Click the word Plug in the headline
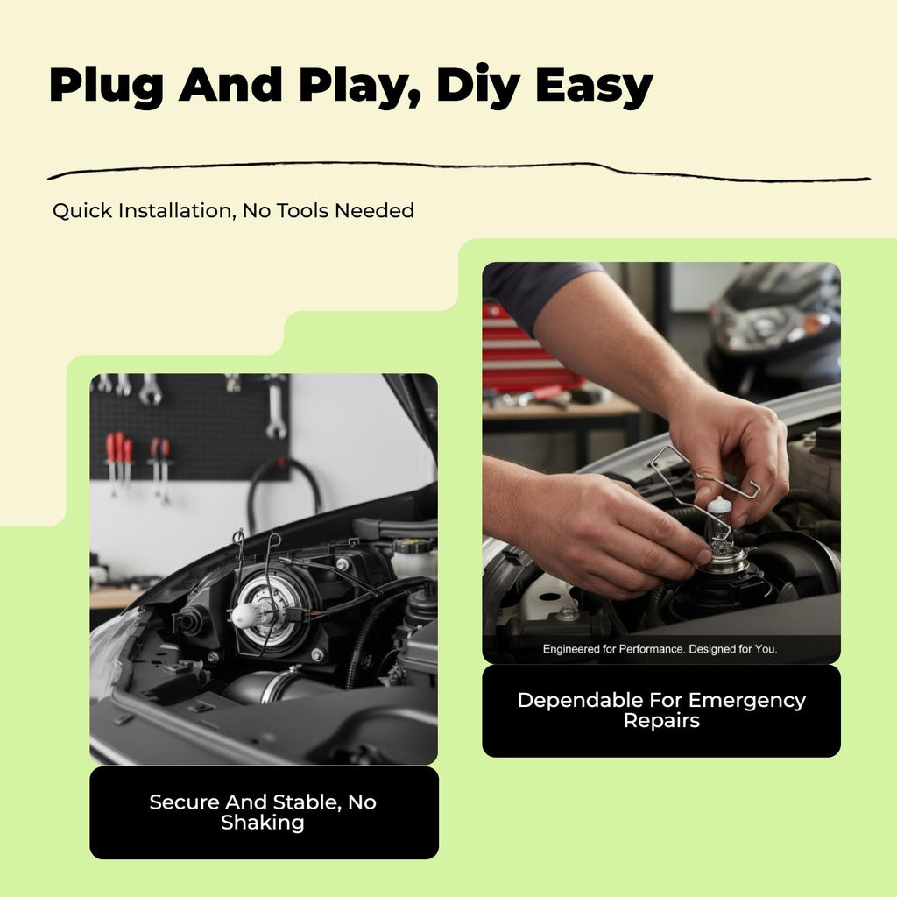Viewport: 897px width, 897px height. click(x=106, y=86)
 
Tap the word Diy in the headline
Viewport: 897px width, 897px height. click(x=477, y=86)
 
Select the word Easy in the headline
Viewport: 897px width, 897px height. click(x=594, y=86)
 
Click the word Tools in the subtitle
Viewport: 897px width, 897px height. click(x=303, y=210)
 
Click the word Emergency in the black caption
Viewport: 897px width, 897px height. click(x=746, y=701)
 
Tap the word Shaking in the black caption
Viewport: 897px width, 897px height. click(x=263, y=823)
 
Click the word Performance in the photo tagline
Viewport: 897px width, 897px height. click(x=651, y=649)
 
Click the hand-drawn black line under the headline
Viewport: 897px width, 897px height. click(x=457, y=170)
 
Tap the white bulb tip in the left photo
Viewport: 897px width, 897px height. click(x=244, y=614)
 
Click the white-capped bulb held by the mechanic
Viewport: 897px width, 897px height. click(x=720, y=529)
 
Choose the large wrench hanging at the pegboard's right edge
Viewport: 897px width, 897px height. click(x=276, y=409)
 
